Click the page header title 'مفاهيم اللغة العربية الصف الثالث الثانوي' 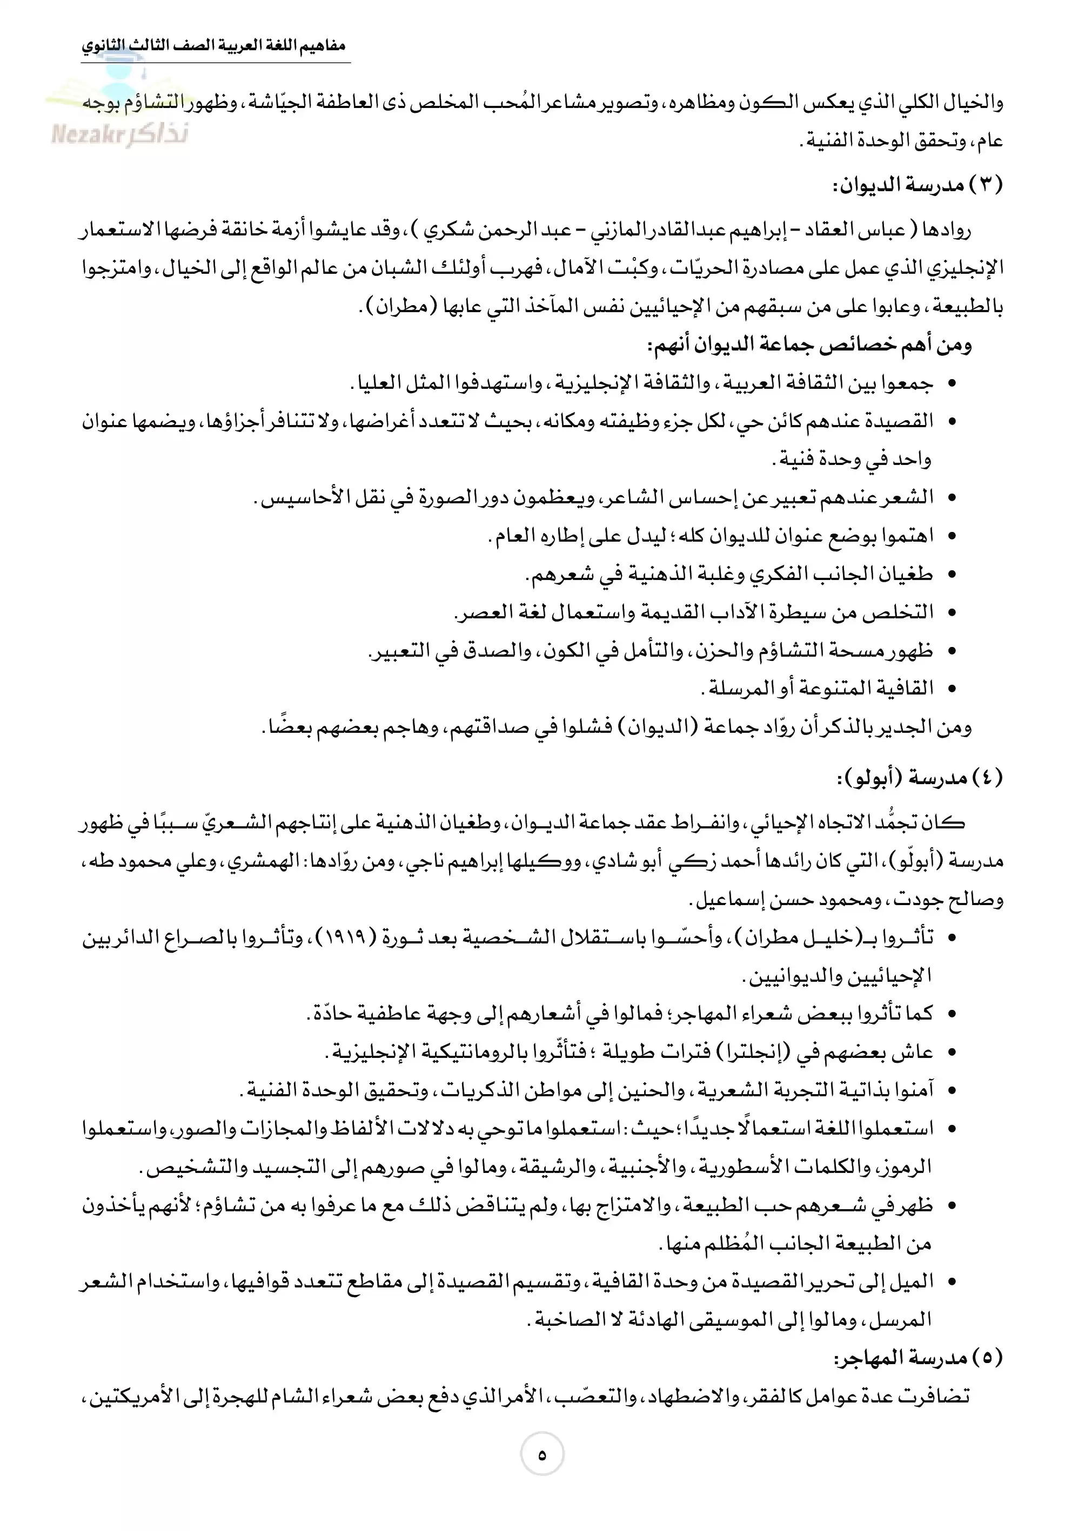[214, 47]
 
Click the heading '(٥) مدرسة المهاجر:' [918, 1358]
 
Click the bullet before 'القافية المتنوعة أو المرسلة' [952, 689]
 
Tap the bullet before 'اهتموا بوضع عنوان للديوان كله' [952, 536]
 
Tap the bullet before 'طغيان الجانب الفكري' [952, 574]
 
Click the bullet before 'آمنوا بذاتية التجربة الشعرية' [952, 1091]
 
